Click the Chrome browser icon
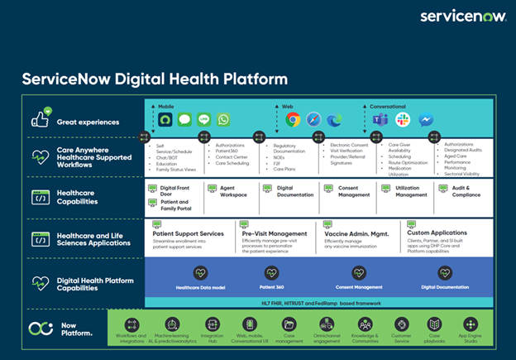pyautogui.click(x=293, y=120)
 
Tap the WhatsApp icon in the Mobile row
pyautogui.click(x=222, y=120)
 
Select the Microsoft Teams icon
pyautogui.click(x=380, y=120)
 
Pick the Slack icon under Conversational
pyautogui.click(x=403, y=120)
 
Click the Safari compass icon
pyautogui.click(x=313, y=120)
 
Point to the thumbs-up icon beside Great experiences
pyautogui.click(x=41, y=119)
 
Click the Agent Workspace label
pyautogui.click(x=233, y=191)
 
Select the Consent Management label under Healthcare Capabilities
pyautogui.click(x=353, y=191)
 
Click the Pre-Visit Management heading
pyautogui.click(x=275, y=233)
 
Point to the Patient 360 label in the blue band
pyautogui.click(x=273, y=287)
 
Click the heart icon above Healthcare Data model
pyautogui.click(x=199, y=271)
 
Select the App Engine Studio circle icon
pyautogui.click(x=471, y=324)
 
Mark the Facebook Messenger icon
pyautogui.click(x=425, y=120)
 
